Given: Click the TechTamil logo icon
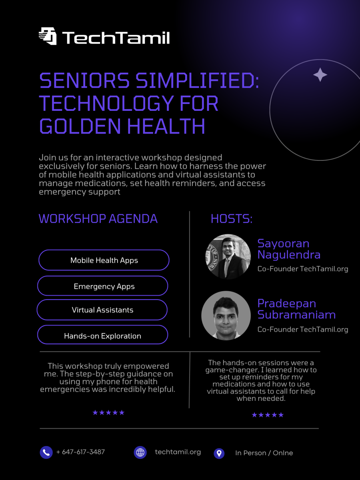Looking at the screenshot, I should point(48,36).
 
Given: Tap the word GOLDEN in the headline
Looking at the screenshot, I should point(80,126).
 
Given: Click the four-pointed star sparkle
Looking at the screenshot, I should point(320,75).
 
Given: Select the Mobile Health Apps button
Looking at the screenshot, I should point(104,260).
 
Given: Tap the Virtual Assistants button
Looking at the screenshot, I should point(102,310).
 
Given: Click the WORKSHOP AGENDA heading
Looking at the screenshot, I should point(98,219).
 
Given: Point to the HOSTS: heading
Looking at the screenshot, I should point(231,219).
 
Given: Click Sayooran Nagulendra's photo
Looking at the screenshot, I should point(228,256).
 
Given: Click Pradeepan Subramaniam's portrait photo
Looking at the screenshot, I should point(226,315).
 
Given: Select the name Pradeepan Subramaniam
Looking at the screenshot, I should point(296,309).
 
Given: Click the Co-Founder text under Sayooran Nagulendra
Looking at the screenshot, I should point(302,269).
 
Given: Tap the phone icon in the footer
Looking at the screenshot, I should point(46,452).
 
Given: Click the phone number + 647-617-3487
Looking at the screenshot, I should point(80,452).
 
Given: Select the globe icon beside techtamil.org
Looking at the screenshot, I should point(140,452).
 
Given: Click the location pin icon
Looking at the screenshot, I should point(219,453).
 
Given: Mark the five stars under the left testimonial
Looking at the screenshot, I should point(108,412).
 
